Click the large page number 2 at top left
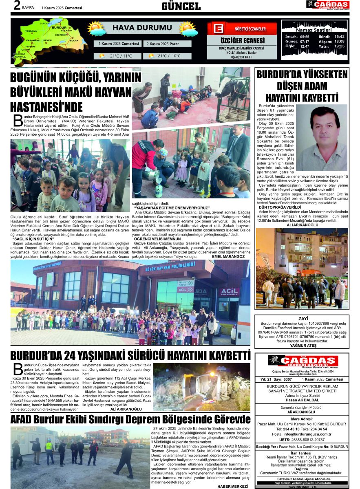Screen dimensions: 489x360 coord(18,6)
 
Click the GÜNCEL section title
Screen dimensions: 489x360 coord(181,6)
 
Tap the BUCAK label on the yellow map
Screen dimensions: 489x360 coord(74,41)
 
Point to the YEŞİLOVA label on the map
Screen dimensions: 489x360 coord(31,31)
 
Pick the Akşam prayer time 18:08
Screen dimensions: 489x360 coord(339,41)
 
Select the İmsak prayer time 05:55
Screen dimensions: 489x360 coord(305,36)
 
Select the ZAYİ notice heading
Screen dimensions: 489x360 coord(303,318)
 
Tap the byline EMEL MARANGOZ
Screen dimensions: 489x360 coord(228,257)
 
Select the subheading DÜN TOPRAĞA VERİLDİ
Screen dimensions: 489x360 coord(279,207)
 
